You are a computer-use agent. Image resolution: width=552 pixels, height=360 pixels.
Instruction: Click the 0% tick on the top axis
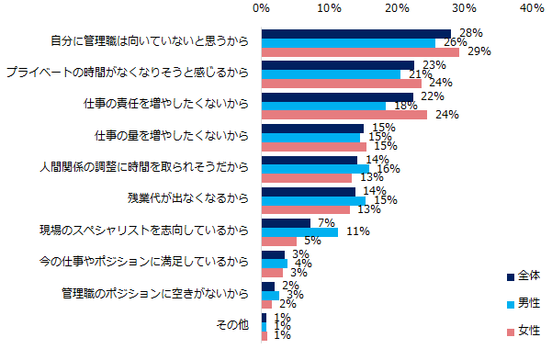pos(262,9)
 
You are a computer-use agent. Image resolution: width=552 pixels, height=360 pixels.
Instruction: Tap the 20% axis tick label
pos(397,9)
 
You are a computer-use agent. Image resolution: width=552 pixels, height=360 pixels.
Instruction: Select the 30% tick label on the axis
pos(464,9)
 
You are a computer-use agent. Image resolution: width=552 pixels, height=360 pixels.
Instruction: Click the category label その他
pos(231,325)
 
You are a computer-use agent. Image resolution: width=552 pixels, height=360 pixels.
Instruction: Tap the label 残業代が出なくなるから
pos(187,198)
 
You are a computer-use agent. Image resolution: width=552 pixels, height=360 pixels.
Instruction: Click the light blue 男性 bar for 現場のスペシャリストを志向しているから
pos(299,231)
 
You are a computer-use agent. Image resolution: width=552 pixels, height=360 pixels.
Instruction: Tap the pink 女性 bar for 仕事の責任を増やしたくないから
pos(344,115)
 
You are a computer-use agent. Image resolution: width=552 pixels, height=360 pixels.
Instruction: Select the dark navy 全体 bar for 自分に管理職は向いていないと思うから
pos(356,33)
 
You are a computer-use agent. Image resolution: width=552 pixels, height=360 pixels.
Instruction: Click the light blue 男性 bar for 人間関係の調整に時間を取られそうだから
pos(315,168)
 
